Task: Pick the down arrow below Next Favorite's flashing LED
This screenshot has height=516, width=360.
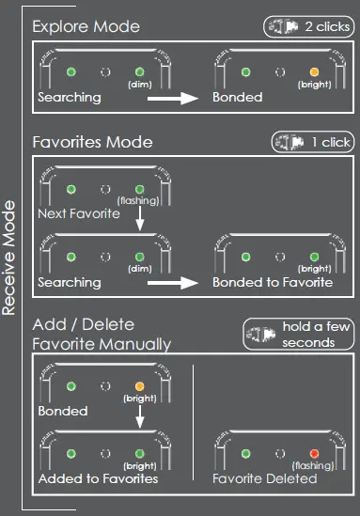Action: coord(139,218)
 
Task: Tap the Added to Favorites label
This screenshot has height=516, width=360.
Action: coord(97,478)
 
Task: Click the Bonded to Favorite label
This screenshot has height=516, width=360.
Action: coord(272,282)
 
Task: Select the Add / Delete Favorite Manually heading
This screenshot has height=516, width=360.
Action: coord(102,336)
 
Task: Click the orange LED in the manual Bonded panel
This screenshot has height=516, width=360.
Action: coord(139,385)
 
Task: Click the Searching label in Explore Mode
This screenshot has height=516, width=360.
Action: coord(68,97)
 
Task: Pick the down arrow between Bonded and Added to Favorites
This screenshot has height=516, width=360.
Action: coord(139,419)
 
